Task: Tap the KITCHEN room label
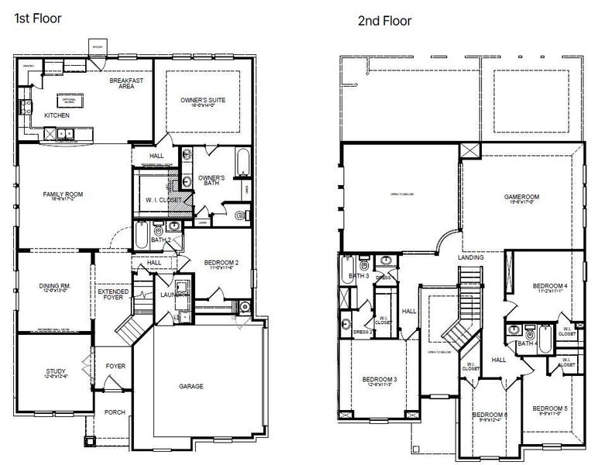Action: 57,115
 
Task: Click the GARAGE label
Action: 191,385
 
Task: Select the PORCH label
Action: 115,412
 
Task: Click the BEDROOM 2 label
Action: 221,263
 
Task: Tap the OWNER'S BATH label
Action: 211,181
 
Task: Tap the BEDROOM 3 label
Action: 380,379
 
